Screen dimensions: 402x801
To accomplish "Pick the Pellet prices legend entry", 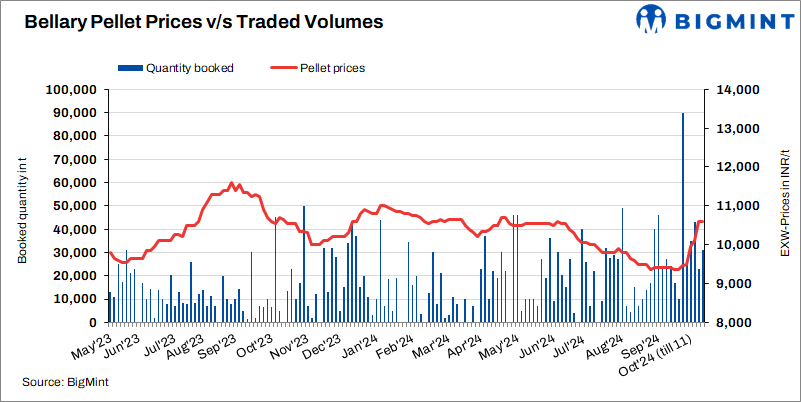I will [319, 68].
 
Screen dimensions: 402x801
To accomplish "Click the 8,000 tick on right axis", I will [734, 324].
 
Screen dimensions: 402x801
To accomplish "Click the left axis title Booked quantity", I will [20, 207].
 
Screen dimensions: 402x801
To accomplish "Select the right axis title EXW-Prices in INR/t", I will [785, 207].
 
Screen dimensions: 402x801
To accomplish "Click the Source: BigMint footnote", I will [66, 382].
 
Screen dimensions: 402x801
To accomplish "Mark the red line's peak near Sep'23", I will [232, 183].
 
